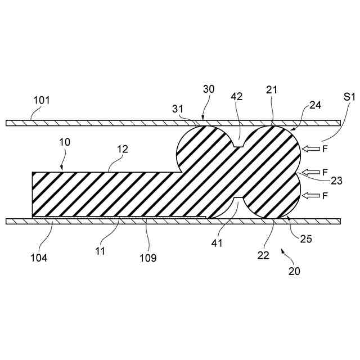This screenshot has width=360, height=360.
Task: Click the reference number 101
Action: click(42, 101)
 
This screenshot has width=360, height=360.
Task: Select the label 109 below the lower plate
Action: click(148, 258)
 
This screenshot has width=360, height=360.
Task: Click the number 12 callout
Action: click(123, 150)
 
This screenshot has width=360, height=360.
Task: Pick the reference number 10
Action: click(64, 142)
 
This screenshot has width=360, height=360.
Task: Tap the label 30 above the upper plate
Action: click(209, 89)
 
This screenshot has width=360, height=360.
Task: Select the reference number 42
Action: click(236, 96)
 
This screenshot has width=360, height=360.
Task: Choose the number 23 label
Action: click(336, 181)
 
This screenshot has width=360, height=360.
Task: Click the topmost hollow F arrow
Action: click(310, 148)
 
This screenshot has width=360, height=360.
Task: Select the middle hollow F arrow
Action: click(310, 172)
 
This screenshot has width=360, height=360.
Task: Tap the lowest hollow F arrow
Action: click(310, 195)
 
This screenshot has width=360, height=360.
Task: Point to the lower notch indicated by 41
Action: click(238, 201)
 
